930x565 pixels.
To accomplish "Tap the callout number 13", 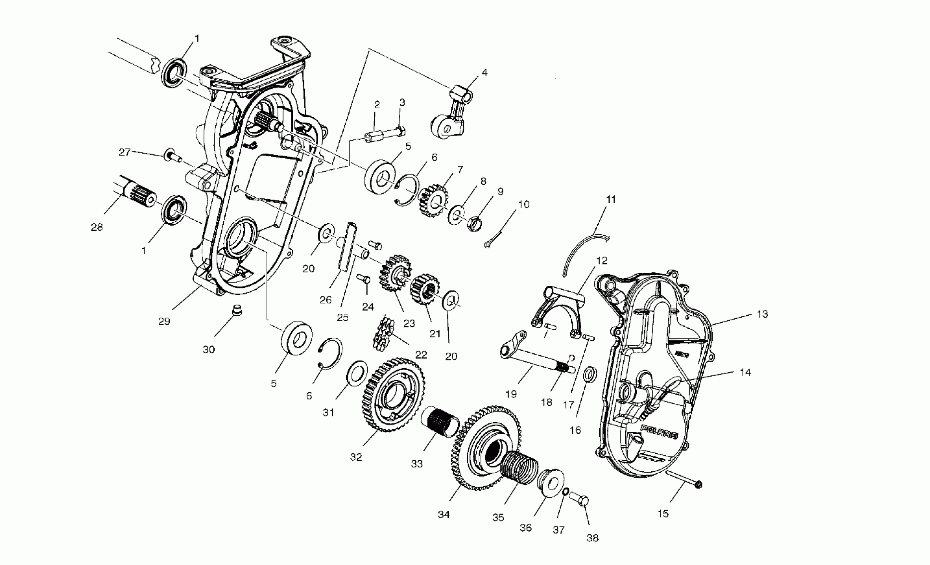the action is (x=762, y=314).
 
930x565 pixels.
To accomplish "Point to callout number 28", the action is (x=97, y=227).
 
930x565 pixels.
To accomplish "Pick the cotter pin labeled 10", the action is (x=493, y=240).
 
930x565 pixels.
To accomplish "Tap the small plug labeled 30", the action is (x=237, y=310).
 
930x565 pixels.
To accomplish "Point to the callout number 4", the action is (x=484, y=72).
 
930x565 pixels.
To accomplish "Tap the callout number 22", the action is (x=421, y=355).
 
